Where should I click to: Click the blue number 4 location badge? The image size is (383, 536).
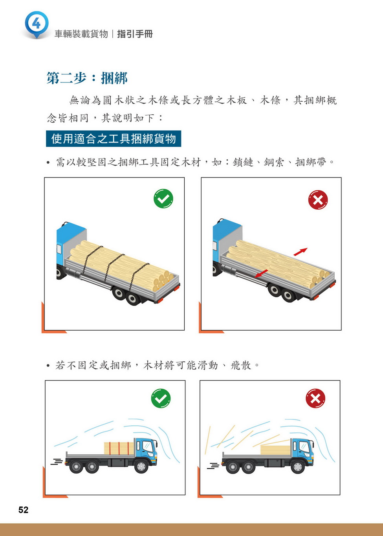[x=37, y=24]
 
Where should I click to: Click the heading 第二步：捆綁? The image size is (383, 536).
[x=87, y=78]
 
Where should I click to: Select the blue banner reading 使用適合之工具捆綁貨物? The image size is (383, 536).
[x=114, y=139]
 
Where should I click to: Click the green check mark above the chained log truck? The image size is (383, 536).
[x=163, y=198]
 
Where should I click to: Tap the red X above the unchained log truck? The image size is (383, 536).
[x=318, y=200]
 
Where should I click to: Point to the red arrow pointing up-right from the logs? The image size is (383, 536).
[x=301, y=251]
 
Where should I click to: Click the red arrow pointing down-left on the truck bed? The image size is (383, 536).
[x=261, y=274]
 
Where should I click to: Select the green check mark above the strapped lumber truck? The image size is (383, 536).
[x=161, y=398]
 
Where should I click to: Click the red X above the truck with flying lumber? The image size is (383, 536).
[x=315, y=399]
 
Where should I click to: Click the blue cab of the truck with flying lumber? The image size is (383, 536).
[x=302, y=452]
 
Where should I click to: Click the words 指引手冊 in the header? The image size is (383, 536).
[x=135, y=34]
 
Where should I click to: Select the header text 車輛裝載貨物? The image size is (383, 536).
[x=81, y=34]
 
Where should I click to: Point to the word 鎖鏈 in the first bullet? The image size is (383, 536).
[x=243, y=162]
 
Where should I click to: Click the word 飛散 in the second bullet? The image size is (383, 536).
[x=241, y=366]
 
